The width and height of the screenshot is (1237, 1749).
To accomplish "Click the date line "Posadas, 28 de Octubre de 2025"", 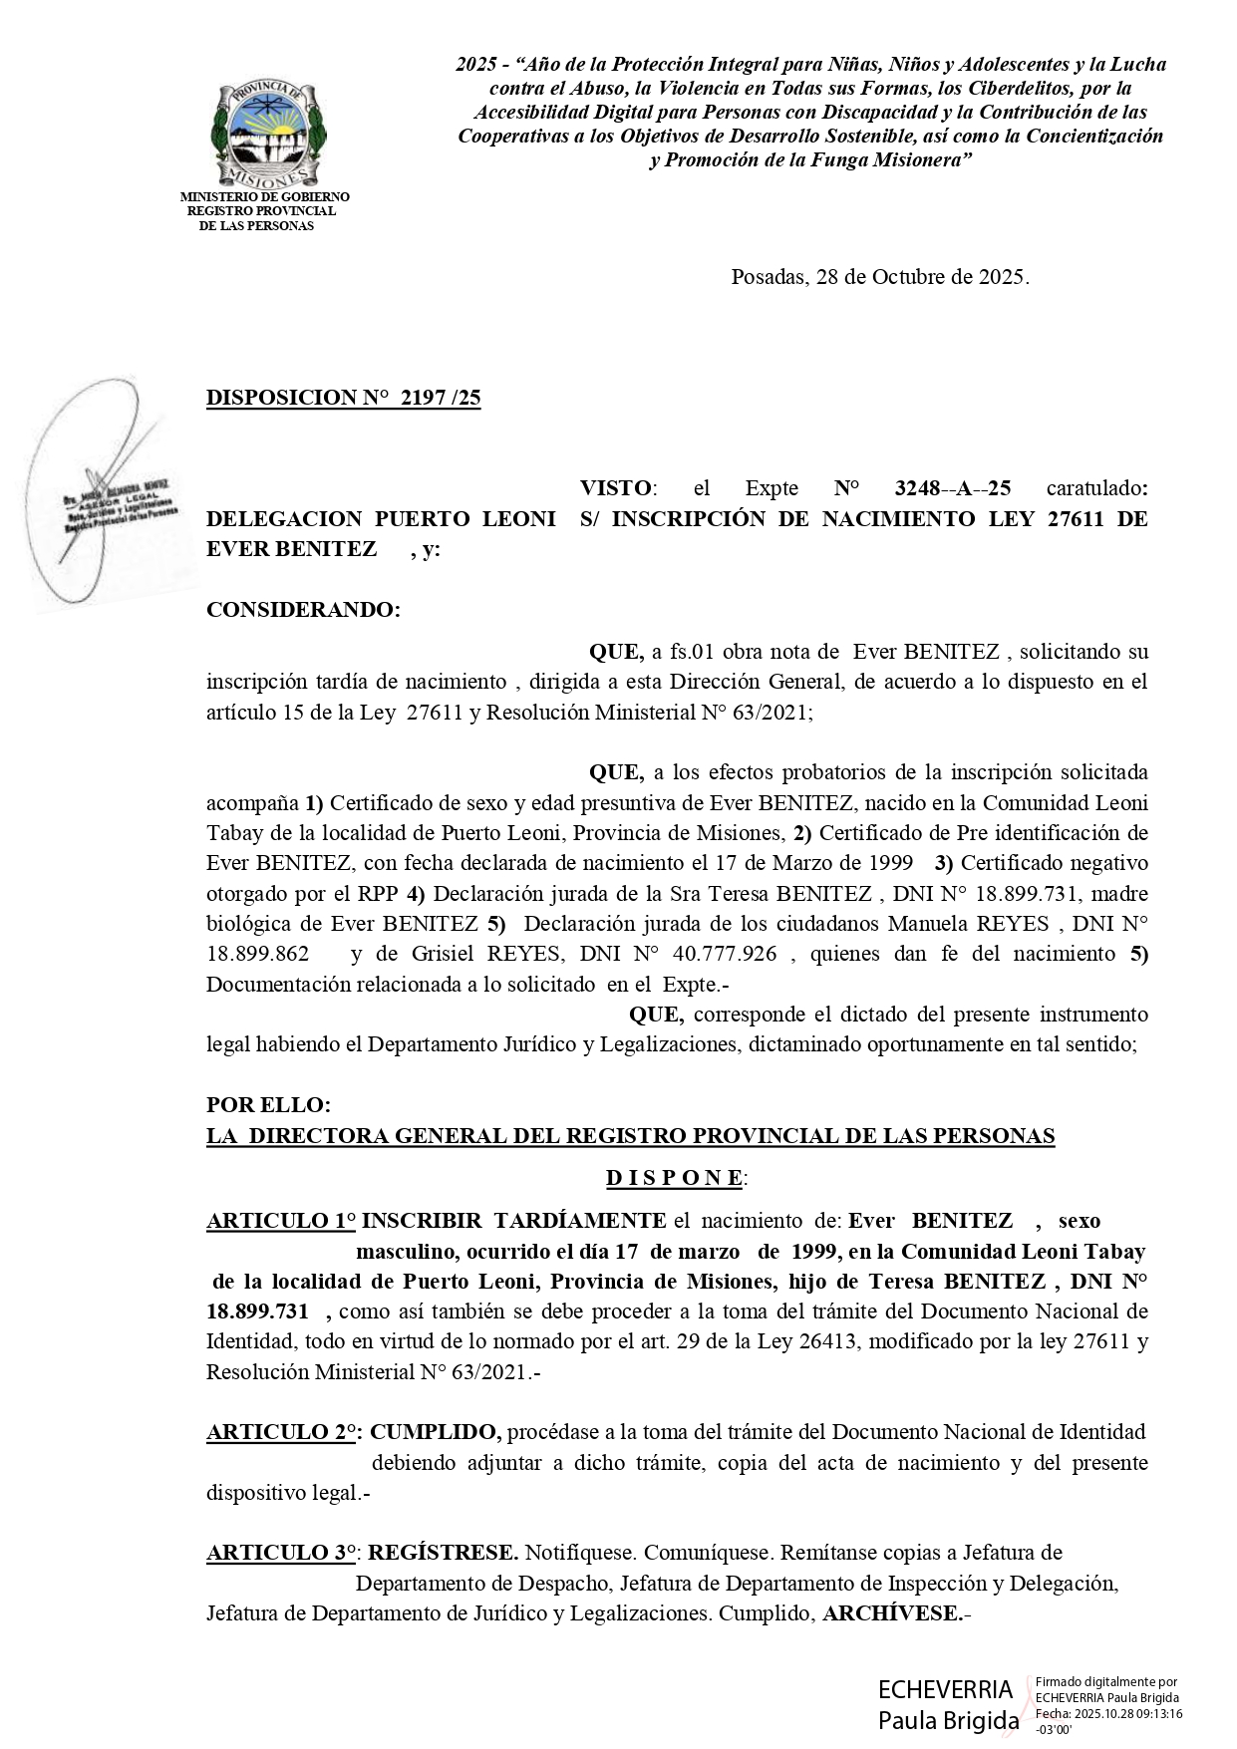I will pyautogui.click(x=880, y=277).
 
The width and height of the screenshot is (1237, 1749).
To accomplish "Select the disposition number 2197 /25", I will pyautogui.click(x=440, y=398).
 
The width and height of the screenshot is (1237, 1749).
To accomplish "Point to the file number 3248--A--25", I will pyautogui.click(x=953, y=488).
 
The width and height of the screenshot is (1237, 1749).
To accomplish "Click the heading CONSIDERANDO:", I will pyautogui.click(x=303, y=610).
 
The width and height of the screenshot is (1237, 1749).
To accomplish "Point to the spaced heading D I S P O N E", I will pyautogui.click(x=675, y=1178).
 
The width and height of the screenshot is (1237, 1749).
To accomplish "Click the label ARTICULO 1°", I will pyautogui.click(x=281, y=1221).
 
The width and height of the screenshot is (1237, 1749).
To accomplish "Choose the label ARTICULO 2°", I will pyautogui.click(x=282, y=1432).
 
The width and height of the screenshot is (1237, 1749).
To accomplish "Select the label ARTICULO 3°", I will pyautogui.click(x=282, y=1553).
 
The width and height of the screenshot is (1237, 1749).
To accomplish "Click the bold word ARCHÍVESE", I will pyautogui.click(x=890, y=1612).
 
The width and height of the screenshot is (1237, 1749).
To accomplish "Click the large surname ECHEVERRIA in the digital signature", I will pyautogui.click(x=945, y=1689).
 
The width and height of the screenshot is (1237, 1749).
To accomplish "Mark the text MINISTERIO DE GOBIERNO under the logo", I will pyautogui.click(x=264, y=197).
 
